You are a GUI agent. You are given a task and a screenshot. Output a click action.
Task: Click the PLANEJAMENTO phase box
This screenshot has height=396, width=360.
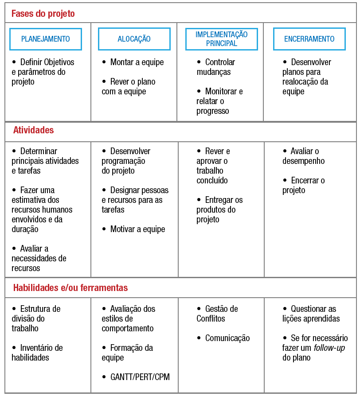click(46, 39)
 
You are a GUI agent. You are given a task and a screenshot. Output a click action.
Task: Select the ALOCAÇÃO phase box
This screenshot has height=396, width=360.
click(134, 39)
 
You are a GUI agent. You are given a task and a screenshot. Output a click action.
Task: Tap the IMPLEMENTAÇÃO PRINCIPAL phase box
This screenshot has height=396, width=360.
click(222, 39)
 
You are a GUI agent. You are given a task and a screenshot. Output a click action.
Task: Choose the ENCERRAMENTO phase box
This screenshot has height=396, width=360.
click(309, 39)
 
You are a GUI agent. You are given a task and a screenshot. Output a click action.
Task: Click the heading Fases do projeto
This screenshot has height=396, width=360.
click(43, 14)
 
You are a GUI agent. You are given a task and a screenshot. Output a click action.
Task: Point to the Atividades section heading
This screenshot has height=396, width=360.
click(33, 130)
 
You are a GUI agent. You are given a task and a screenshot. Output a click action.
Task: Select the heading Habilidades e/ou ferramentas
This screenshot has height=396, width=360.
click(70, 288)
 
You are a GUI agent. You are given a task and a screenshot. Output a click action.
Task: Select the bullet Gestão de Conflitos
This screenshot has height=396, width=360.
click(217, 314)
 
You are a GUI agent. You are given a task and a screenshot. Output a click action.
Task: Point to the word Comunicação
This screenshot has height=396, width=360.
click(227, 338)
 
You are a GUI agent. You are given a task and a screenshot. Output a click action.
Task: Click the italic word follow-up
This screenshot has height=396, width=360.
click(329, 348)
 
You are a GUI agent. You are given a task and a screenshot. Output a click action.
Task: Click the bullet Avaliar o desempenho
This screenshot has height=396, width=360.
click(301, 156)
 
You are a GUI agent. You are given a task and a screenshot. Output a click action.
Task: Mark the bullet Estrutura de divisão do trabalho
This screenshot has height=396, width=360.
click(35, 318)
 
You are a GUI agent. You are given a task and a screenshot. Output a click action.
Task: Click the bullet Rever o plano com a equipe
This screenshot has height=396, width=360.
click(129, 86)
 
